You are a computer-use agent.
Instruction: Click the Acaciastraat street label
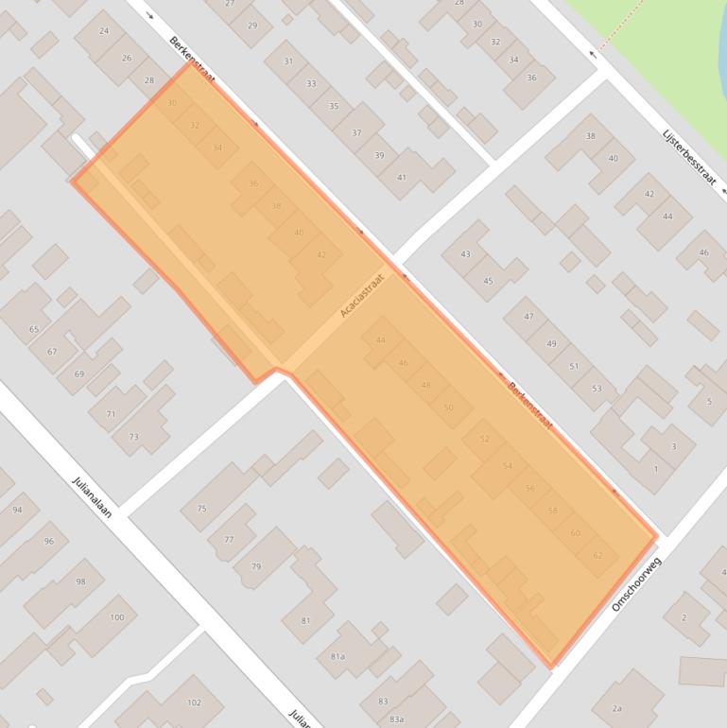click(x=363, y=295)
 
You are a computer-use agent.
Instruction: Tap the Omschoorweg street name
click(x=637, y=583)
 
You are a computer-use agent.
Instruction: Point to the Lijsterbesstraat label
click(x=689, y=156)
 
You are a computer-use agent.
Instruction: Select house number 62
click(x=597, y=555)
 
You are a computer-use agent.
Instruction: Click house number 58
click(x=553, y=511)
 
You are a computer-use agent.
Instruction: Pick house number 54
click(x=508, y=465)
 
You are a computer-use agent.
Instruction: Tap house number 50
click(x=448, y=407)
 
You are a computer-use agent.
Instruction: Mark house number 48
click(x=425, y=385)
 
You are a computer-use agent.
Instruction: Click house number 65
click(x=34, y=329)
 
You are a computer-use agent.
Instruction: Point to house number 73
click(x=133, y=437)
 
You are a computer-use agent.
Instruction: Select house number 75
click(x=201, y=509)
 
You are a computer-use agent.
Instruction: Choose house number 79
click(x=255, y=566)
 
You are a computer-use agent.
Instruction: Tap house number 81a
click(x=338, y=656)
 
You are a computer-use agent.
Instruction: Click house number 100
click(x=116, y=617)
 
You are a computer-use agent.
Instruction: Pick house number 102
click(x=194, y=702)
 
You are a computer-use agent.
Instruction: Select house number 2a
click(x=616, y=708)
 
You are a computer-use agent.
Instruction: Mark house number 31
click(x=287, y=61)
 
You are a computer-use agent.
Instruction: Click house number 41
click(x=402, y=178)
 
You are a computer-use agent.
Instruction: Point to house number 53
click(x=597, y=389)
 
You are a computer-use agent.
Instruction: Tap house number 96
click(x=49, y=541)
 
